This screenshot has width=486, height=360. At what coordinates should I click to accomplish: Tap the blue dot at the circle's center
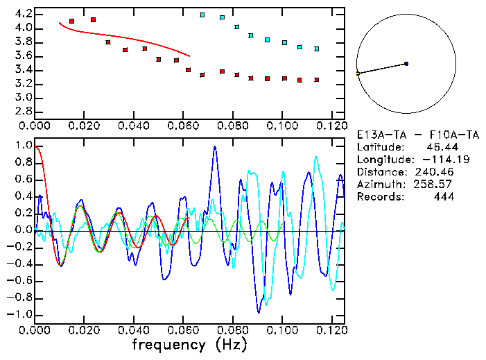pos(406,64)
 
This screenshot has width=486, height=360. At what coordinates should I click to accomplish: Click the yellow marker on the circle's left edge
pos(358,73)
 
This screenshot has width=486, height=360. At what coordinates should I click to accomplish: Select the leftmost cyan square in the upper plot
pos(202,15)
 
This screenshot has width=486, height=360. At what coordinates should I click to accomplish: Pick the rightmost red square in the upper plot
pos(316,80)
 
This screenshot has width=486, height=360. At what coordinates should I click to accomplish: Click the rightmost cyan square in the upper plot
pos(316,49)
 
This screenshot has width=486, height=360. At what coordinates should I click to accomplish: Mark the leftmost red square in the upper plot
pos(71,22)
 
